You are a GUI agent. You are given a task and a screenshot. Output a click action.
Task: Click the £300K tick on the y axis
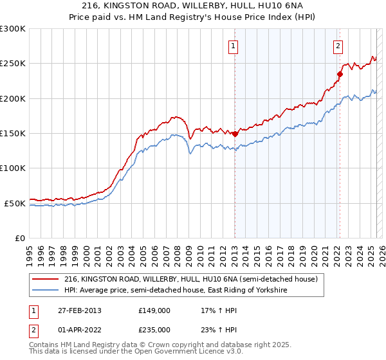pos(13,29)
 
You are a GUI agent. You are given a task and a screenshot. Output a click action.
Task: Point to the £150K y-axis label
pos(13,134)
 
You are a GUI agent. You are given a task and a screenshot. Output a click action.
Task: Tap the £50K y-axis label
pos(15,203)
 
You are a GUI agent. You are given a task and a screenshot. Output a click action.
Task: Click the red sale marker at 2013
pos(235,134)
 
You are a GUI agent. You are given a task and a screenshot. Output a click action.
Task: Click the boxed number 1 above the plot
pos(232,46)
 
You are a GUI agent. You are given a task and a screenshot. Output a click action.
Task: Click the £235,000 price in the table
pos(154,329)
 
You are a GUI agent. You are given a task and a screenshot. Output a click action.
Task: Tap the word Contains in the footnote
pos(46,346)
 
